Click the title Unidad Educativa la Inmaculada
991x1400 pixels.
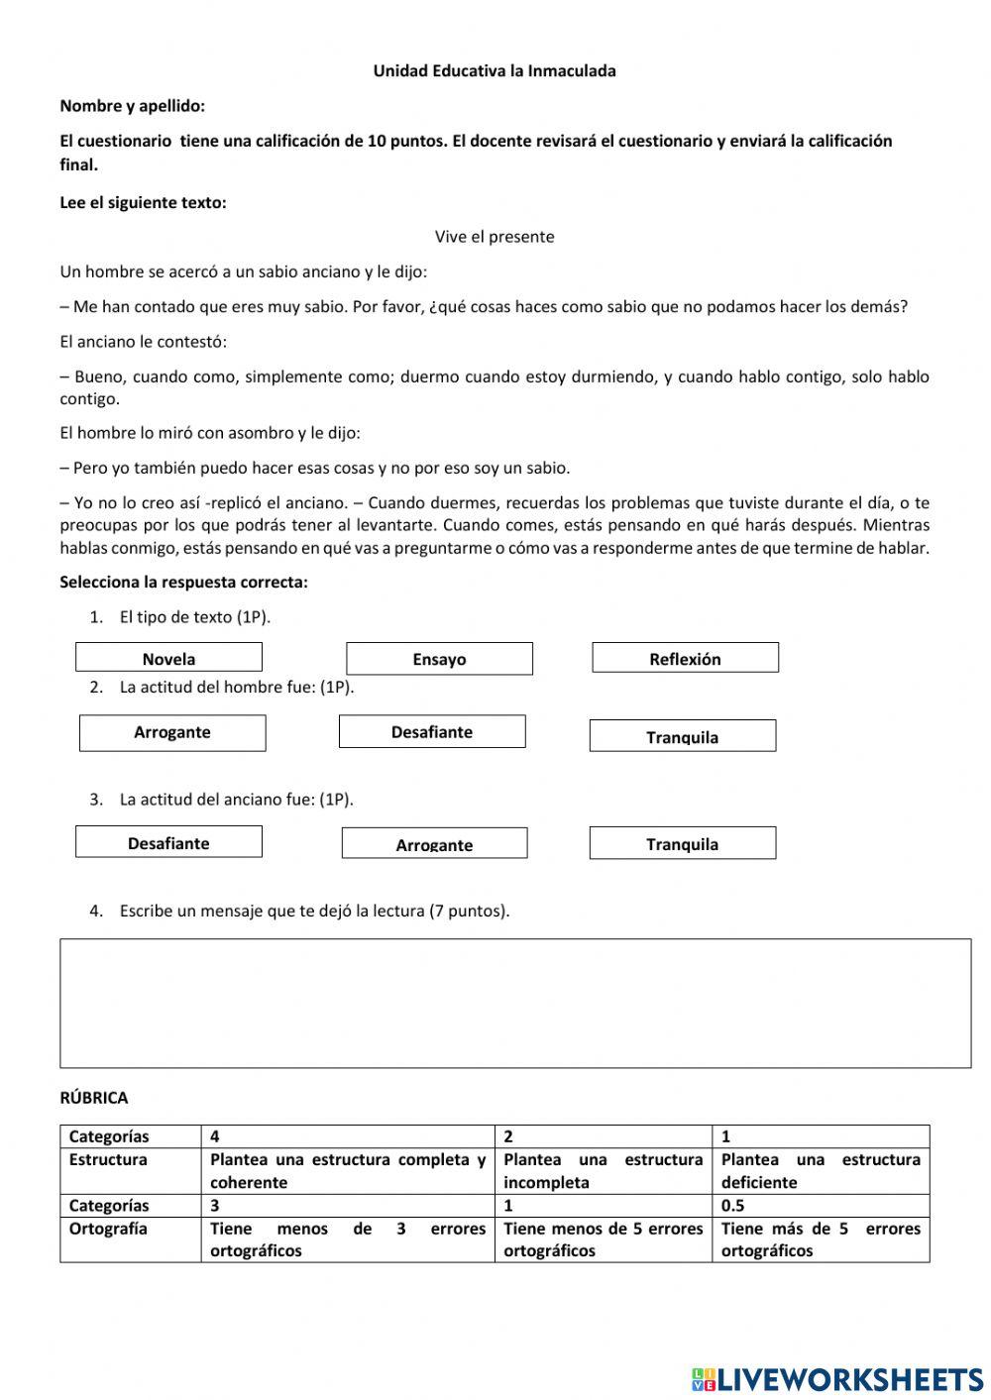point(494,71)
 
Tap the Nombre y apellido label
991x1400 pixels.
point(133,106)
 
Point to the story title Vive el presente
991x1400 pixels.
point(494,237)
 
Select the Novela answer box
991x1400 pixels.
point(168,658)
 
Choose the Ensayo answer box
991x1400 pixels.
point(439,659)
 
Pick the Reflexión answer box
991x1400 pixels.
point(685,658)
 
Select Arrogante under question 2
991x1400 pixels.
point(172,733)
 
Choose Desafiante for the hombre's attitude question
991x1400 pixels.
point(432,732)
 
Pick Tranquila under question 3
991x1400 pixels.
point(682,843)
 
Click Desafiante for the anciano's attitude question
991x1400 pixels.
point(168,842)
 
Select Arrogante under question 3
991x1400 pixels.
point(434,843)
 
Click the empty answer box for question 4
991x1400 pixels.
point(515,1003)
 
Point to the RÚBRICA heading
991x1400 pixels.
point(94,1098)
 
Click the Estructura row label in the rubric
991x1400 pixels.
point(108,1159)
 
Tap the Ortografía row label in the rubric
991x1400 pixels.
point(108,1229)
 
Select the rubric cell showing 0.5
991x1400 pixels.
point(733,1206)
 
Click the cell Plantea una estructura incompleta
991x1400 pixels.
point(603,1170)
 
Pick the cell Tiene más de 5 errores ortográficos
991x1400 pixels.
point(821,1239)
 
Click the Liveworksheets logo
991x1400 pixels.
point(837,1378)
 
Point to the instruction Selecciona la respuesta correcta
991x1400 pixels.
point(183,583)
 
